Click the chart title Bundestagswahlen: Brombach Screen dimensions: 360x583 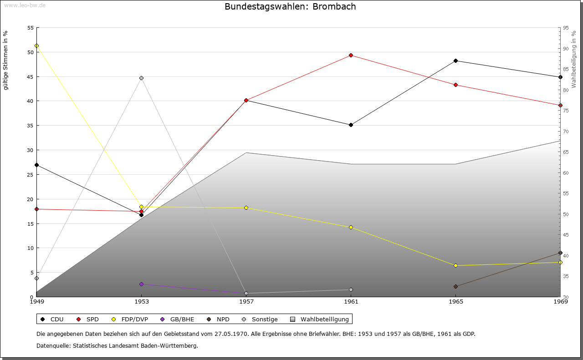point(290,7)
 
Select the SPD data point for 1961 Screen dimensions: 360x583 point(351,56)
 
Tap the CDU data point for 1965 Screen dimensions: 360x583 point(455,61)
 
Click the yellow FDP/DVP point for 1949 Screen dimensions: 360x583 point(36,46)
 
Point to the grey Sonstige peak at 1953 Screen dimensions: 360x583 point(141,78)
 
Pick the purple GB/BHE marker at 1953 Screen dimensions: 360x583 point(141,284)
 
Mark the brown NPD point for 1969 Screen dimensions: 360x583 point(560,253)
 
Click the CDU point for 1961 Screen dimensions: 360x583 point(351,125)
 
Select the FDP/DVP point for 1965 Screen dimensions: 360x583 point(455,265)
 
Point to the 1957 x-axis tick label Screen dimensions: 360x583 point(246,301)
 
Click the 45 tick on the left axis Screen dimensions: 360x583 point(31,76)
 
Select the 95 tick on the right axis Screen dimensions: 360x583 point(566,28)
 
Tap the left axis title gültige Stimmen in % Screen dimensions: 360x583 point(6,60)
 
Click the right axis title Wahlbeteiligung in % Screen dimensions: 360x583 point(574,60)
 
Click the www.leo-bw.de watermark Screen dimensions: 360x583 point(25,5)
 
